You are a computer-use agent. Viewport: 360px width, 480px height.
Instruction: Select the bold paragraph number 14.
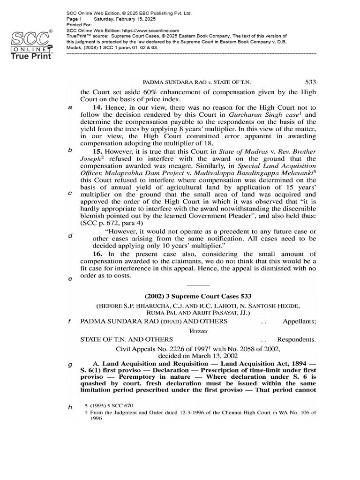[97, 107]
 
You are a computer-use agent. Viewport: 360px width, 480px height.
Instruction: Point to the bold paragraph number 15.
[97, 151]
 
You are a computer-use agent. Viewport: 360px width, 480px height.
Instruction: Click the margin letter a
[70, 107]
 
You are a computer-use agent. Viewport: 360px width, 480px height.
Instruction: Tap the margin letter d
[70, 236]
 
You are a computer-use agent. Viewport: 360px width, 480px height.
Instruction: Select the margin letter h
[70, 407]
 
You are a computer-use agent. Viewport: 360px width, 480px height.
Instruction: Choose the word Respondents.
[297, 339]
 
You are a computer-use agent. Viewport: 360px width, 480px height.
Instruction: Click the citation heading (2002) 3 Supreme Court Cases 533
[198, 296]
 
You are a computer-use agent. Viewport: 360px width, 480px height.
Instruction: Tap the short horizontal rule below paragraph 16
[198, 285]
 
